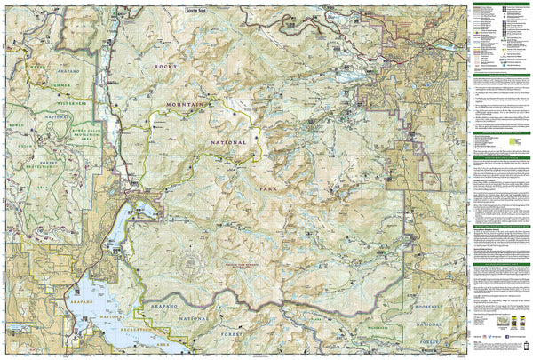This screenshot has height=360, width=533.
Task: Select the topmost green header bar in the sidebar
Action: tap(498, 4)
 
